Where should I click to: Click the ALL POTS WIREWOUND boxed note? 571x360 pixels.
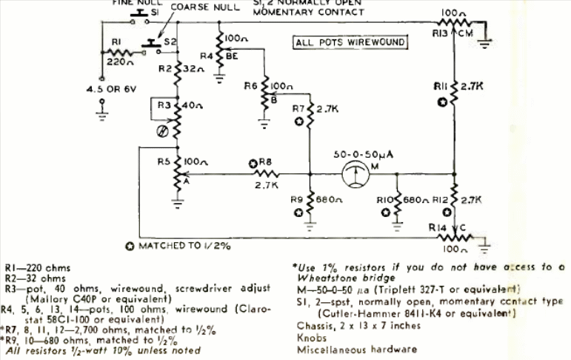(x=350, y=42)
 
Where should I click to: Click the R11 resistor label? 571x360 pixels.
(x=442, y=87)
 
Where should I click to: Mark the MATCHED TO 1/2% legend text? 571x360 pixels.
(x=178, y=245)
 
